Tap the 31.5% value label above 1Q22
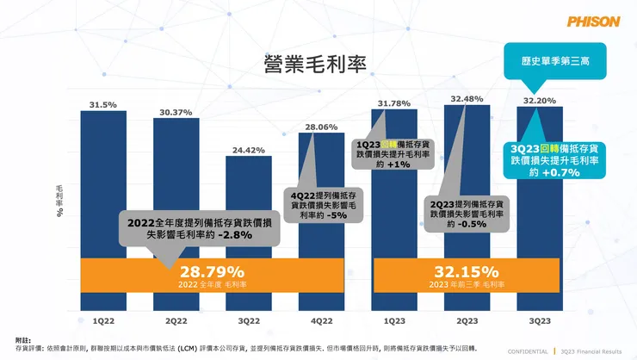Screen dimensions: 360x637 point(103,105)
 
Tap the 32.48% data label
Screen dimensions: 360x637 point(467,98)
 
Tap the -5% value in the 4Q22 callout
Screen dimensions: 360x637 point(338,215)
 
